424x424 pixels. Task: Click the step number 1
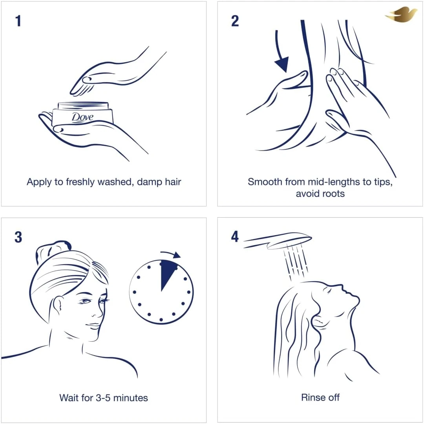[x=18, y=21]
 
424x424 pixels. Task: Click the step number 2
[x=235, y=21]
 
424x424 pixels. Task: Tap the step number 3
[x=18, y=237]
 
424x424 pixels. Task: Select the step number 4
[x=235, y=237]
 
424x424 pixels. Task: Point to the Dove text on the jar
[x=82, y=117]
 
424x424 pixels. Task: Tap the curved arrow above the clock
[x=171, y=254]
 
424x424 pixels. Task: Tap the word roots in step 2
[x=333, y=194]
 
